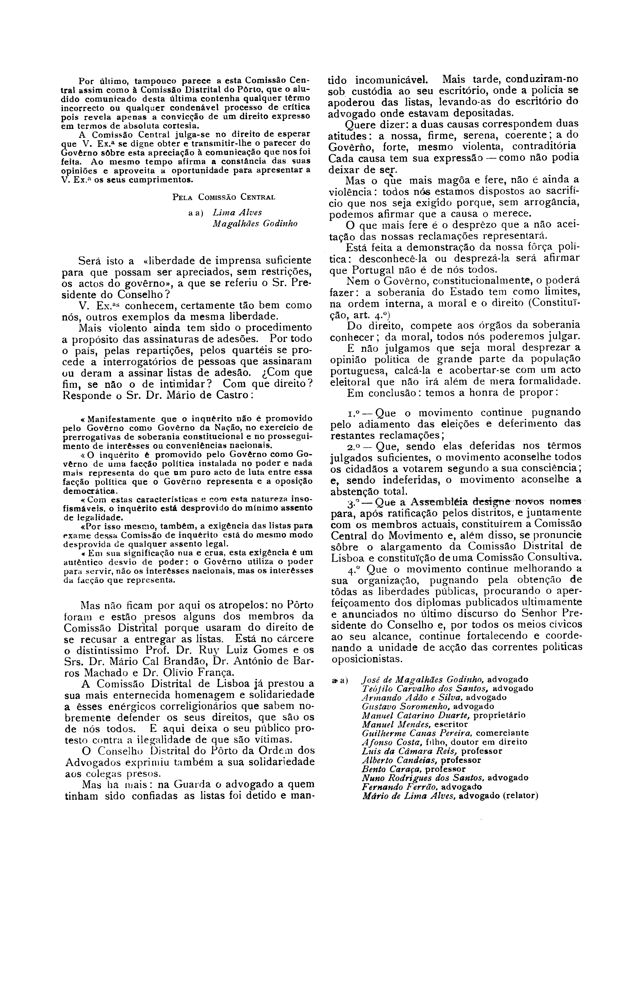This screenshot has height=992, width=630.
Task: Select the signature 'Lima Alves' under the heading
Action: coord(237,212)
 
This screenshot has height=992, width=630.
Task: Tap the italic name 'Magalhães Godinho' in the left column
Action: coord(254,224)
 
